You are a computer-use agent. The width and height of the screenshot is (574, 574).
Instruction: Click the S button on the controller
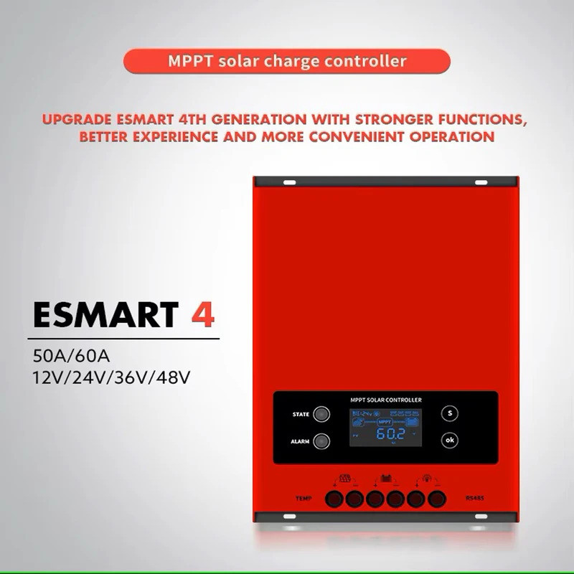[450, 413]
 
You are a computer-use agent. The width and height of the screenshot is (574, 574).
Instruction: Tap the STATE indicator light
[322, 414]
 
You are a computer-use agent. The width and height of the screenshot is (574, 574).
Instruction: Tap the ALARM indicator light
[322, 441]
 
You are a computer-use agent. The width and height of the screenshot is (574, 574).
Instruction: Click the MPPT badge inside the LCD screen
[385, 423]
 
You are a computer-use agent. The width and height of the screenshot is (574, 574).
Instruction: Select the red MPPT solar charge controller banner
[286, 60]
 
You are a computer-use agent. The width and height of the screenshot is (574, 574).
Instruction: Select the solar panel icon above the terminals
[344, 479]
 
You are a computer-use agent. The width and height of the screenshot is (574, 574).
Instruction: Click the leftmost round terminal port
[334, 498]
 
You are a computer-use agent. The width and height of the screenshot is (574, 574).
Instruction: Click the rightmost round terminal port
[436, 498]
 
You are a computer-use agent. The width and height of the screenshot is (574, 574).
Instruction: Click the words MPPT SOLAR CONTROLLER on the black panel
[385, 399]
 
